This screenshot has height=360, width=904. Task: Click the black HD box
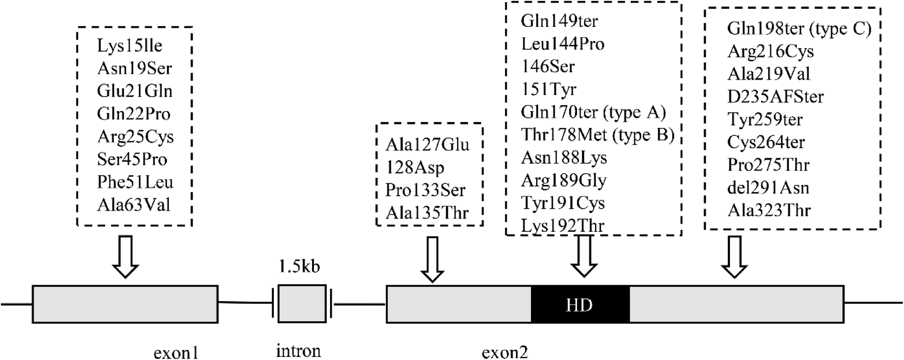(580, 305)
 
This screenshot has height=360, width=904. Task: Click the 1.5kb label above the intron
(299, 267)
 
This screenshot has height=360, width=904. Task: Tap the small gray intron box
(302, 304)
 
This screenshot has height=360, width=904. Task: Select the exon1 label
(176, 353)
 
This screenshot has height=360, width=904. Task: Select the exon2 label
(505, 353)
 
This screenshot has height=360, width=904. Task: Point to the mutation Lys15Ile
(130, 45)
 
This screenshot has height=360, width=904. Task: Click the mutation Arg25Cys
(135, 136)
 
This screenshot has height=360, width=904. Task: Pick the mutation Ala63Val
(133, 205)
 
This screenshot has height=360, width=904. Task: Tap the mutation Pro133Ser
(425, 190)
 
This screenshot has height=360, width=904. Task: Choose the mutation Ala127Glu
(427, 145)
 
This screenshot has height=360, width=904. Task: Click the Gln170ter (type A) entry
(593, 112)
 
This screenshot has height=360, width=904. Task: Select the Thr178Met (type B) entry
(598, 135)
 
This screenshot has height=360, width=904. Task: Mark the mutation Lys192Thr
(563, 225)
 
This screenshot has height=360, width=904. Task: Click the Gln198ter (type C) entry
(799, 28)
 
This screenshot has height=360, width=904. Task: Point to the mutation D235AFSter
(775, 97)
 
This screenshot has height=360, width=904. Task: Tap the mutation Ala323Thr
(769, 210)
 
